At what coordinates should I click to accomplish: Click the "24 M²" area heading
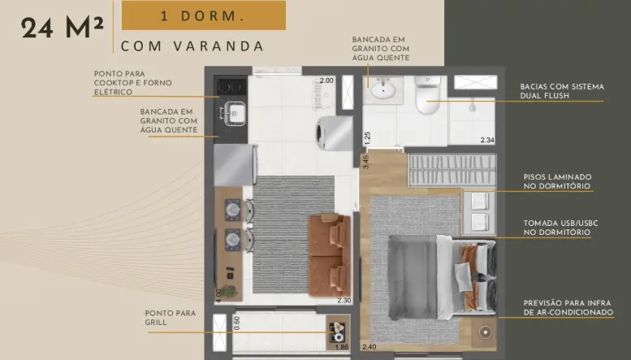pos(63,28)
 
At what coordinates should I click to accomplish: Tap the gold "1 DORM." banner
pos(204,15)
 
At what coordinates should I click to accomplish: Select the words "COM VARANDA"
pos(192,46)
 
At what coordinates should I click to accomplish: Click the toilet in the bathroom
pos(427,95)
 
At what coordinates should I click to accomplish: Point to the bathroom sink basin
pos(382,89)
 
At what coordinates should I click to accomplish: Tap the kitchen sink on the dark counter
pos(235,114)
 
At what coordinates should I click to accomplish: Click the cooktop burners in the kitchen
pos(231,87)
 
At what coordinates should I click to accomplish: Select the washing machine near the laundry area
pos(335,133)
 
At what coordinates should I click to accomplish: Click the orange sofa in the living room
pos(330,255)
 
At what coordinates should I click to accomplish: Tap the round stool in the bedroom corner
pos(486,332)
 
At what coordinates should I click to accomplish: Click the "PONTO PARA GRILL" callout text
pos(171,318)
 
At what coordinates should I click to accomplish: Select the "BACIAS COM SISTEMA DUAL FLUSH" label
pos(562,91)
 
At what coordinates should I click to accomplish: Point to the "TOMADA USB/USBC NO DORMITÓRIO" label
pos(560,228)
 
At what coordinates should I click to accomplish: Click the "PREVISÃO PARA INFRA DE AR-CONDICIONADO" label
pos(568,308)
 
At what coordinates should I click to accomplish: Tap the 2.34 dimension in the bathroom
pos(487,140)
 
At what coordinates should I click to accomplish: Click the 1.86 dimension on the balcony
pos(342,347)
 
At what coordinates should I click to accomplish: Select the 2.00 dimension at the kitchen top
pos(326,80)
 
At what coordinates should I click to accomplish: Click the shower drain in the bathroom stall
pos(473,107)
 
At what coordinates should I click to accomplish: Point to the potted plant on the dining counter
pos(228,291)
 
